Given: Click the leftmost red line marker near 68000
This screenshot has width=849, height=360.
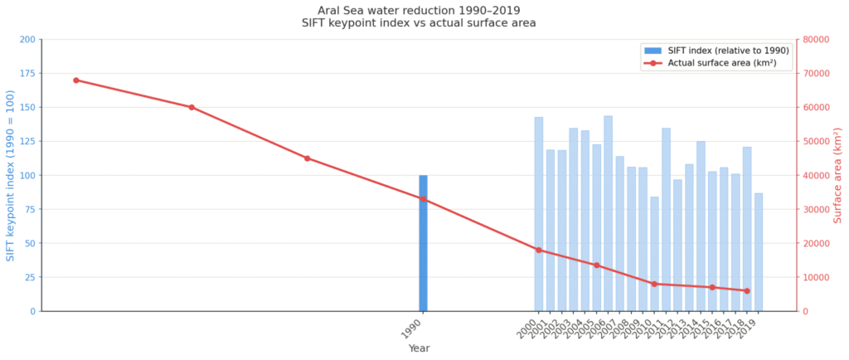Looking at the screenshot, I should coord(75,80).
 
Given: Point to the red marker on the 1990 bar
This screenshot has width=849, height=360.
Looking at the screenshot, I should coord(423,199).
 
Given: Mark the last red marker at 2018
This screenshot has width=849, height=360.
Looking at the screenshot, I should coord(747,291).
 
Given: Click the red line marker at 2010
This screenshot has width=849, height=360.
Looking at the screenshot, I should coord(654,284).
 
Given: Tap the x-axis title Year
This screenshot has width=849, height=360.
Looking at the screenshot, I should coord(419,348).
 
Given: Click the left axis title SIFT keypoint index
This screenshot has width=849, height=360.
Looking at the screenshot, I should coord(11,176).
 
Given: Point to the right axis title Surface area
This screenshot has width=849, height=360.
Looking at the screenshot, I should coord(838,176).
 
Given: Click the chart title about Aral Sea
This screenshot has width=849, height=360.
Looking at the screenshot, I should coord(419,17).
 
